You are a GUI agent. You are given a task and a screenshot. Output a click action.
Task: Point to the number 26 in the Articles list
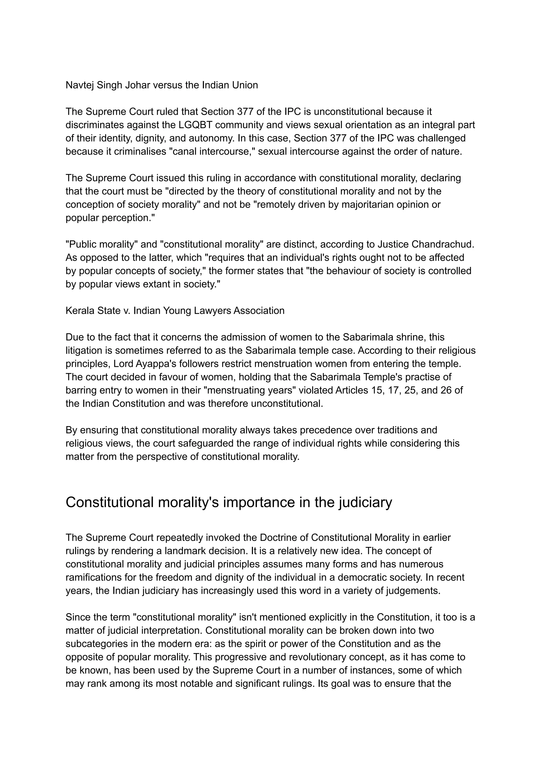[x=446, y=390]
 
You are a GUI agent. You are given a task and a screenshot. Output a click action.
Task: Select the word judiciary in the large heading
[x=365, y=502]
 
